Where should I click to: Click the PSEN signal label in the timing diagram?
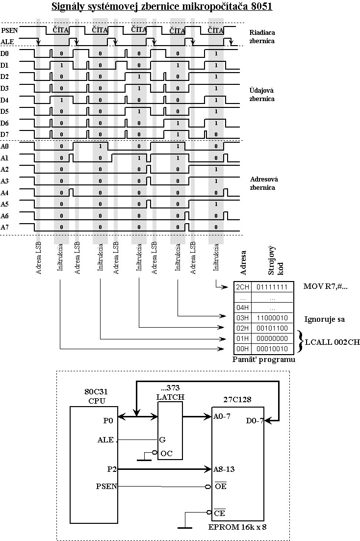[9, 30]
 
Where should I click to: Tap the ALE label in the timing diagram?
[7, 42]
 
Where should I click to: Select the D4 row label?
[4, 100]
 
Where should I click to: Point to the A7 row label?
[4, 227]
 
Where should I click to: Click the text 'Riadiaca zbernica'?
[262, 36]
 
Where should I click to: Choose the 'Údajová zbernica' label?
[262, 95]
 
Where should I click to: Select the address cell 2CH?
[243, 287]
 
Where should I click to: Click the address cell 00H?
[243, 349]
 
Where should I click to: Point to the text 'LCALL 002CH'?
[332, 342]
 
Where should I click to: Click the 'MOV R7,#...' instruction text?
[326, 286]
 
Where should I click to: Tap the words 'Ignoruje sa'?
[325, 319]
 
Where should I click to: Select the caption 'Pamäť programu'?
[264, 360]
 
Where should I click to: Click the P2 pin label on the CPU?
[111, 469]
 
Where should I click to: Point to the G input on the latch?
[161, 440]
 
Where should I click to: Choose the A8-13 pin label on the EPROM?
[224, 469]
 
